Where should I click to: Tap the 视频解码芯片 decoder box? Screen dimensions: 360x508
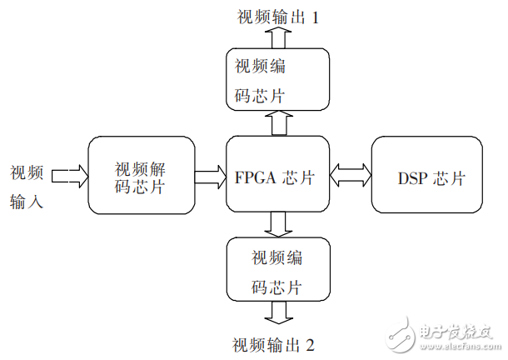[140, 176]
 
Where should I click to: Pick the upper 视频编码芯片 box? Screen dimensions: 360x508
[278, 79]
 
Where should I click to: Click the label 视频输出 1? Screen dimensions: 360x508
[276, 17]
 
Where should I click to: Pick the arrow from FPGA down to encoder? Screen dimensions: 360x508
[278, 223]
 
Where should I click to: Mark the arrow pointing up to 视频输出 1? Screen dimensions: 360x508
[278, 37]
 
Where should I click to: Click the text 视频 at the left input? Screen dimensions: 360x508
[27, 172]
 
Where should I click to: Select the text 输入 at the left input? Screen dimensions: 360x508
[27, 201]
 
